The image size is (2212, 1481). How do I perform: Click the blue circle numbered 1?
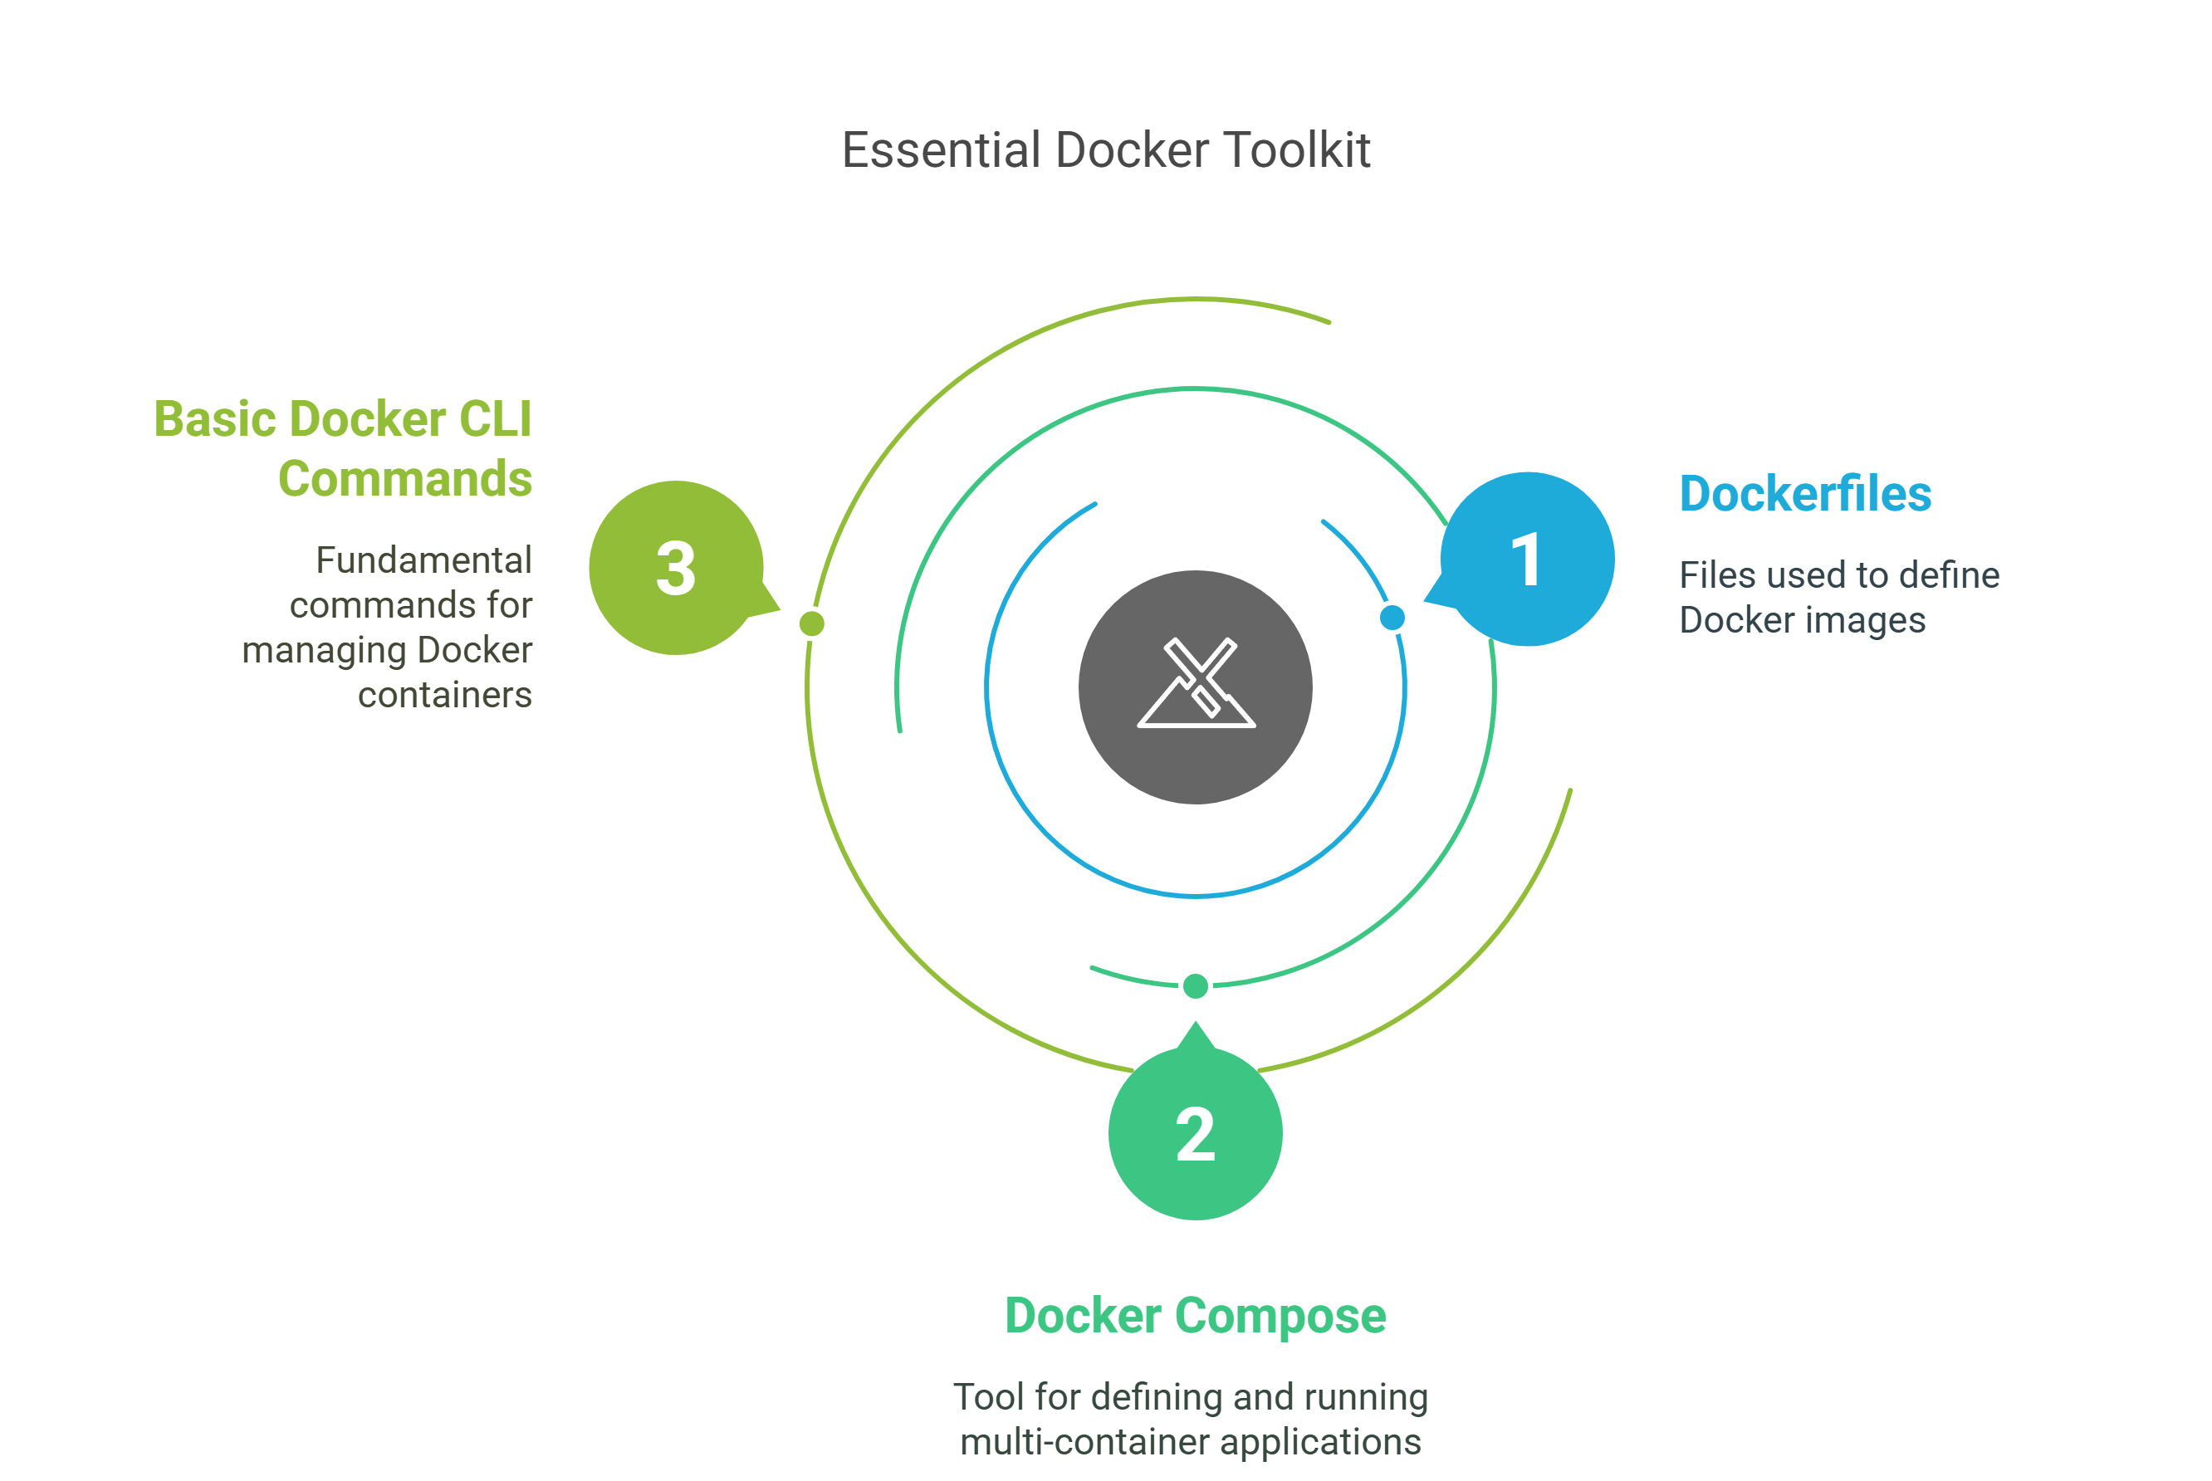(x=1527, y=560)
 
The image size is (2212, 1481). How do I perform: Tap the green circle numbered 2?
(x=1195, y=1132)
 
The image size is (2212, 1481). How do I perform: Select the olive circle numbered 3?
(x=676, y=568)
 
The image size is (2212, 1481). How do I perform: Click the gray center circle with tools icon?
(x=1195, y=687)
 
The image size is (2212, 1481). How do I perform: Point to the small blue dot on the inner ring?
(x=1392, y=618)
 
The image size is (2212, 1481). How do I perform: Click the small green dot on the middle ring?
(x=1195, y=986)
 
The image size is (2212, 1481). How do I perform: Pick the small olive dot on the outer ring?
(x=811, y=623)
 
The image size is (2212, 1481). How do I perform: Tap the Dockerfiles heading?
(x=1805, y=494)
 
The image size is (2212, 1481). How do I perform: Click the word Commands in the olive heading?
(x=405, y=479)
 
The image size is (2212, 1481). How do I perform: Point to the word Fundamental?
(x=424, y=560)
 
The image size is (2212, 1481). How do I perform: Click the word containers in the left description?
(x=445, y=695)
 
